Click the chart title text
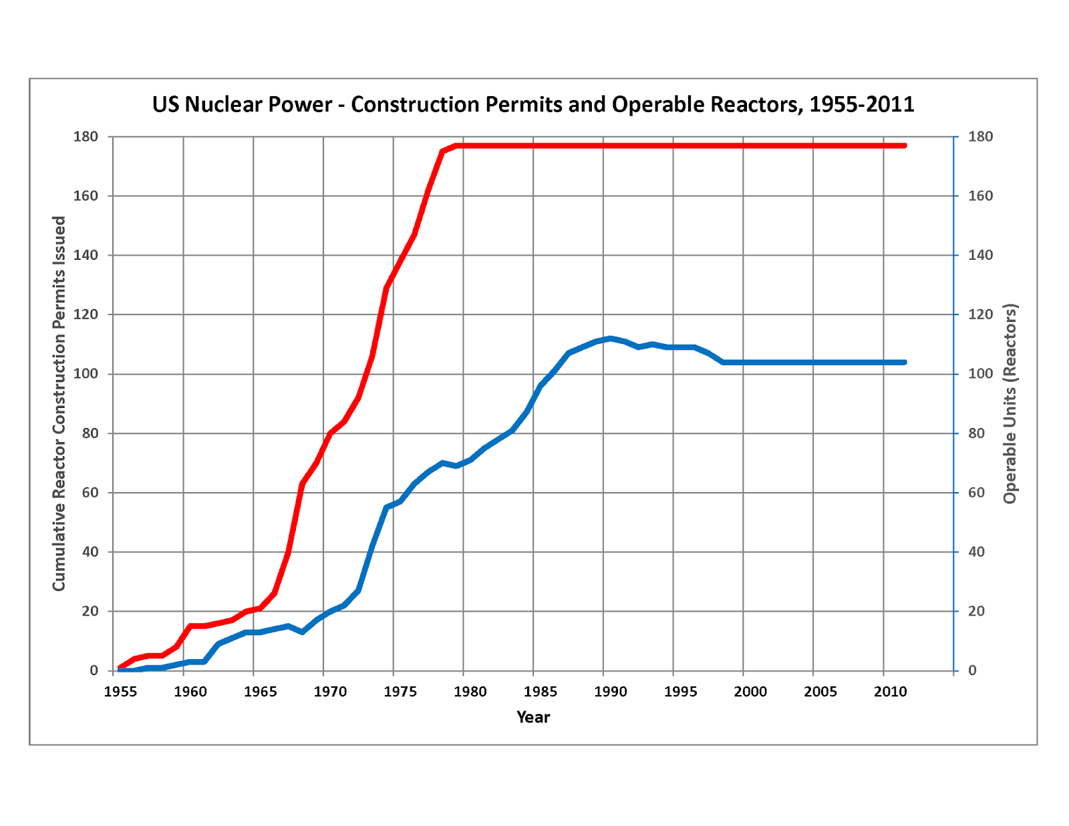point(532,105)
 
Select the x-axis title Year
point(532,717)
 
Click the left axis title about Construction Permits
point(59,403)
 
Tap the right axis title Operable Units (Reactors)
point(1010,403)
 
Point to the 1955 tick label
point(120,692)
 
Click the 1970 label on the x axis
point(330,692)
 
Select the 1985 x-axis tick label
point(540,692)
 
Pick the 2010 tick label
point(890,692)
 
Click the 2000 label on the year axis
point(750,692)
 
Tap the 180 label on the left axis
point(86,137)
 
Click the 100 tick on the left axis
point(86,374)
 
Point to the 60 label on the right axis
point(976,493)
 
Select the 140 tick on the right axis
point(980,255)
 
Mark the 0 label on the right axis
point(972,670)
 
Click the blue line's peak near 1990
point(610,339)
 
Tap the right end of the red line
point(905,146)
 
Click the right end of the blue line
point(905,363)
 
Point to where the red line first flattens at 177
point(457,146)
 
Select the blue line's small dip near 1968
point(303,632)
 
